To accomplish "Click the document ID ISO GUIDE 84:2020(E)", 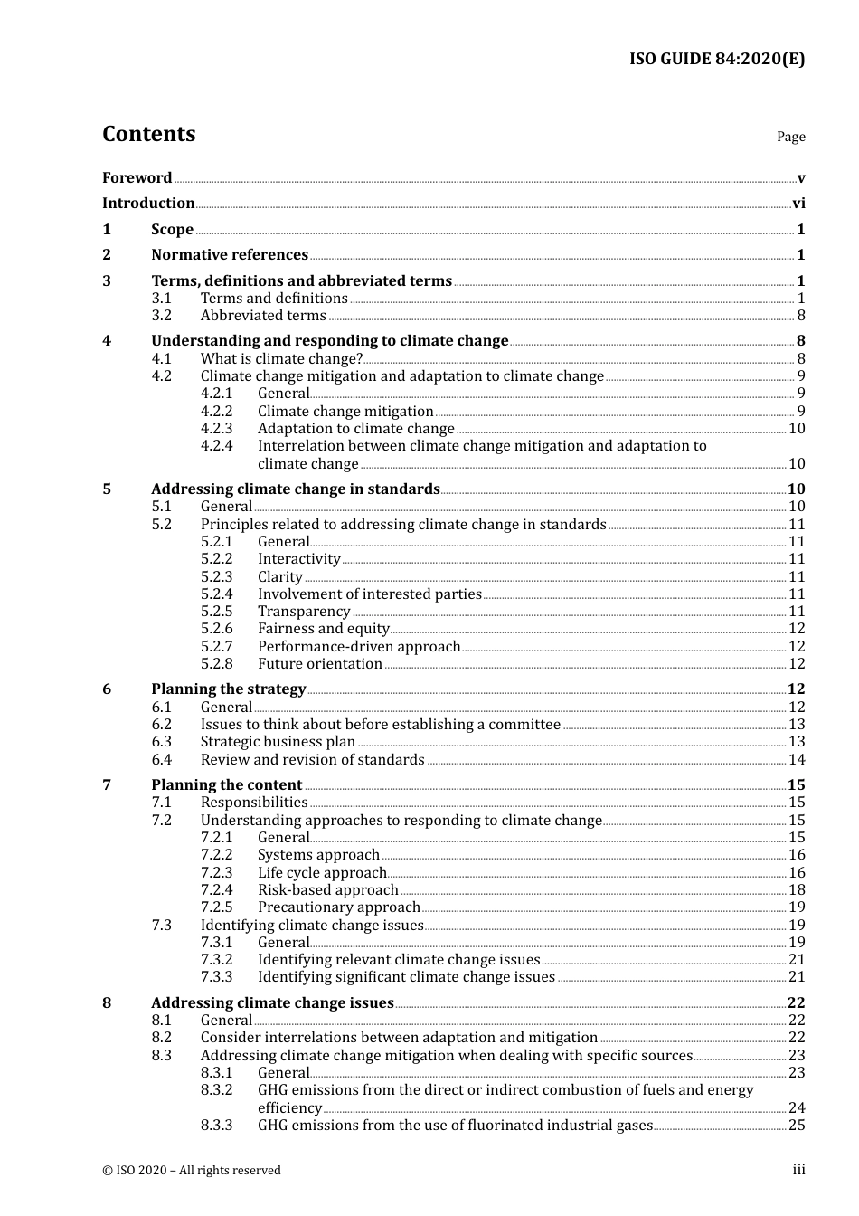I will (716, 60).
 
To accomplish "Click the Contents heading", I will (148, 134).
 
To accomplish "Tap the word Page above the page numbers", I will (790, 137).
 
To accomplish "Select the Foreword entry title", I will (137, 178).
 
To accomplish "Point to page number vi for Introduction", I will (798, 204).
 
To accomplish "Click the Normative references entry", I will (230, 255).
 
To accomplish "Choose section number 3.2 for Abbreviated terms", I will (162, 316).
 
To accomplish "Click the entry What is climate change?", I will (281, 359).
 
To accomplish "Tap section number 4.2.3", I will (216, 429).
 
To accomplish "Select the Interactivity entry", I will (298, 559).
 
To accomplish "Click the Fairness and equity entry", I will (323, 629).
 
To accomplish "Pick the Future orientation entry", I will (319, 664).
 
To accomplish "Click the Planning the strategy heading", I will (228, 689).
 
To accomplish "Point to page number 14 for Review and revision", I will (797, 760).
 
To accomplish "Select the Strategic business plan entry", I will (278, 742).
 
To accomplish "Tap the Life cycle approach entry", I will (322, 873).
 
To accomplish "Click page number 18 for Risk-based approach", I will (797, 890).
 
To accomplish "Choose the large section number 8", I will (107, 1002).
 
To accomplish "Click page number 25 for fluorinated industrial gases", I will (797, 1126).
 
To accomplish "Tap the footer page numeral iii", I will (798, 1170).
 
